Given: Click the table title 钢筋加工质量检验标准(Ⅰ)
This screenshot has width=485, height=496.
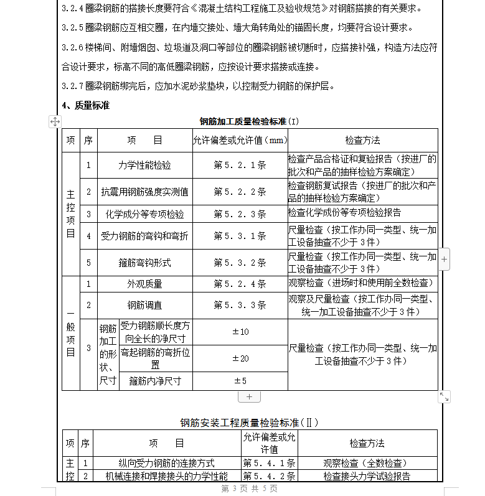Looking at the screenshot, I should click(x=249, y=121).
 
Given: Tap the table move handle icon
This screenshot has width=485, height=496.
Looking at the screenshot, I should click(x=55, y=122).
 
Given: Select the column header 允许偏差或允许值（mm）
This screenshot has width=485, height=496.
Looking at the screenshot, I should click(x=240, y=141).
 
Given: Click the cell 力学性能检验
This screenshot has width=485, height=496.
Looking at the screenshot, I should click(x=144, y=166).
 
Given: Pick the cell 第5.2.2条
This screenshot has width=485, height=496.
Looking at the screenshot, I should click(x=240, y=192).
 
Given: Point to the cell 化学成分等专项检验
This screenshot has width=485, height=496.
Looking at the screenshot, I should click(x=144, y=214).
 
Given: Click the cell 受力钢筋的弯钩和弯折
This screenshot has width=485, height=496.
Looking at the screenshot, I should click(x=144, y=236).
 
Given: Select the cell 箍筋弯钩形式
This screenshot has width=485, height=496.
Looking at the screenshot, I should click(x=144, y=263).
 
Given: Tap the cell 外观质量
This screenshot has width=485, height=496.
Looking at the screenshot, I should click(x=144, y=284).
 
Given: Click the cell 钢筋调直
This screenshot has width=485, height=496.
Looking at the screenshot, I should click(x=144, y=306).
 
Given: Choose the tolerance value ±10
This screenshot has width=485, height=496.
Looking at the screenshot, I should click(x=240, y=332).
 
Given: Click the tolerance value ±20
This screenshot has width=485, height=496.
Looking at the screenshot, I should click(x=240, y=358).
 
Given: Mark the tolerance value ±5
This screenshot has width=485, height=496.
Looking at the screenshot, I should click(x=240, y=381).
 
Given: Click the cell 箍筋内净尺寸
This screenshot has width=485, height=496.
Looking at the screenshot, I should click(x=154, y=381).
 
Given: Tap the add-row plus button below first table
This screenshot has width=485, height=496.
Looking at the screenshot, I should click(x=249, y=396).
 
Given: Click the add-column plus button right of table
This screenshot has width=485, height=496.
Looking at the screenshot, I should click(x=444, y=258).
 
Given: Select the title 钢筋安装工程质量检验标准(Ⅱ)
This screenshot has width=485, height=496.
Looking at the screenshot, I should click(x=249, y=423).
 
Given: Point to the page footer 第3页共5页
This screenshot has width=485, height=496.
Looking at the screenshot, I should click(x=249, y=489).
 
